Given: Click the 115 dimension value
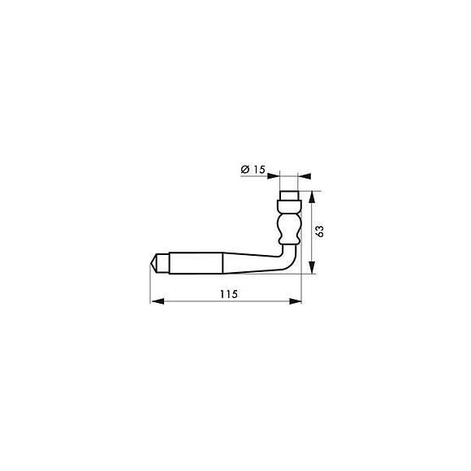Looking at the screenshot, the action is [x=229, y=294].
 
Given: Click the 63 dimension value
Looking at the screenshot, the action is [x=320, y=231].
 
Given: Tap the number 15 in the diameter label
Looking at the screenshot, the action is [x=258, y=170].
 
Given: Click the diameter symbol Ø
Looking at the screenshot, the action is [x=245, y=170].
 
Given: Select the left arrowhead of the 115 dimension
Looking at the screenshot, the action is [x=157, y=301].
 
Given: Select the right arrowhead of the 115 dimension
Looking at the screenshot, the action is [x=295, y=301].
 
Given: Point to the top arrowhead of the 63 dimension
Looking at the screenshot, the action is [x=312, y=197].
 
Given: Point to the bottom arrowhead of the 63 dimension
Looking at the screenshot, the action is [x=312, y=267].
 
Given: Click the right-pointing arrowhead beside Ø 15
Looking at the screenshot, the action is [x=274, y=176].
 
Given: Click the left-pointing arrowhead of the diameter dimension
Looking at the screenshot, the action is [x=305, y=176].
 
